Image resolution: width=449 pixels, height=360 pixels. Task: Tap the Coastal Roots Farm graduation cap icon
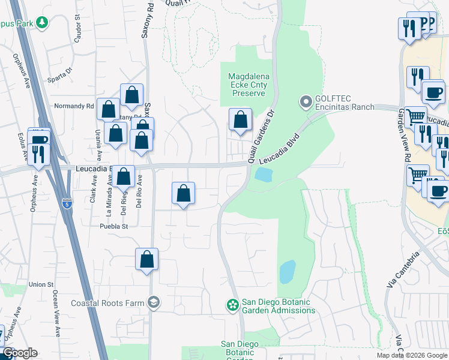click(x=154, y=302)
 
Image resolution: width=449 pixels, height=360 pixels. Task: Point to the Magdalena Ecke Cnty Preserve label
click(x=249, y=85)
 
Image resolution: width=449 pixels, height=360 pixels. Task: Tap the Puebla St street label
click(x=114, y=226)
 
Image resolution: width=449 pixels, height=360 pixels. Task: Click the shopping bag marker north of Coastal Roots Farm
click(x=146, y=260)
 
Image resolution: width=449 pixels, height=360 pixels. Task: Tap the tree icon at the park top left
click(x=41, y=23)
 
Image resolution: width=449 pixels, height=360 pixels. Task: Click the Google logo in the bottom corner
click(x=20, y=352)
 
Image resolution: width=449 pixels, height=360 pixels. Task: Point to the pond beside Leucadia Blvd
click(x=263, y=175)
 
